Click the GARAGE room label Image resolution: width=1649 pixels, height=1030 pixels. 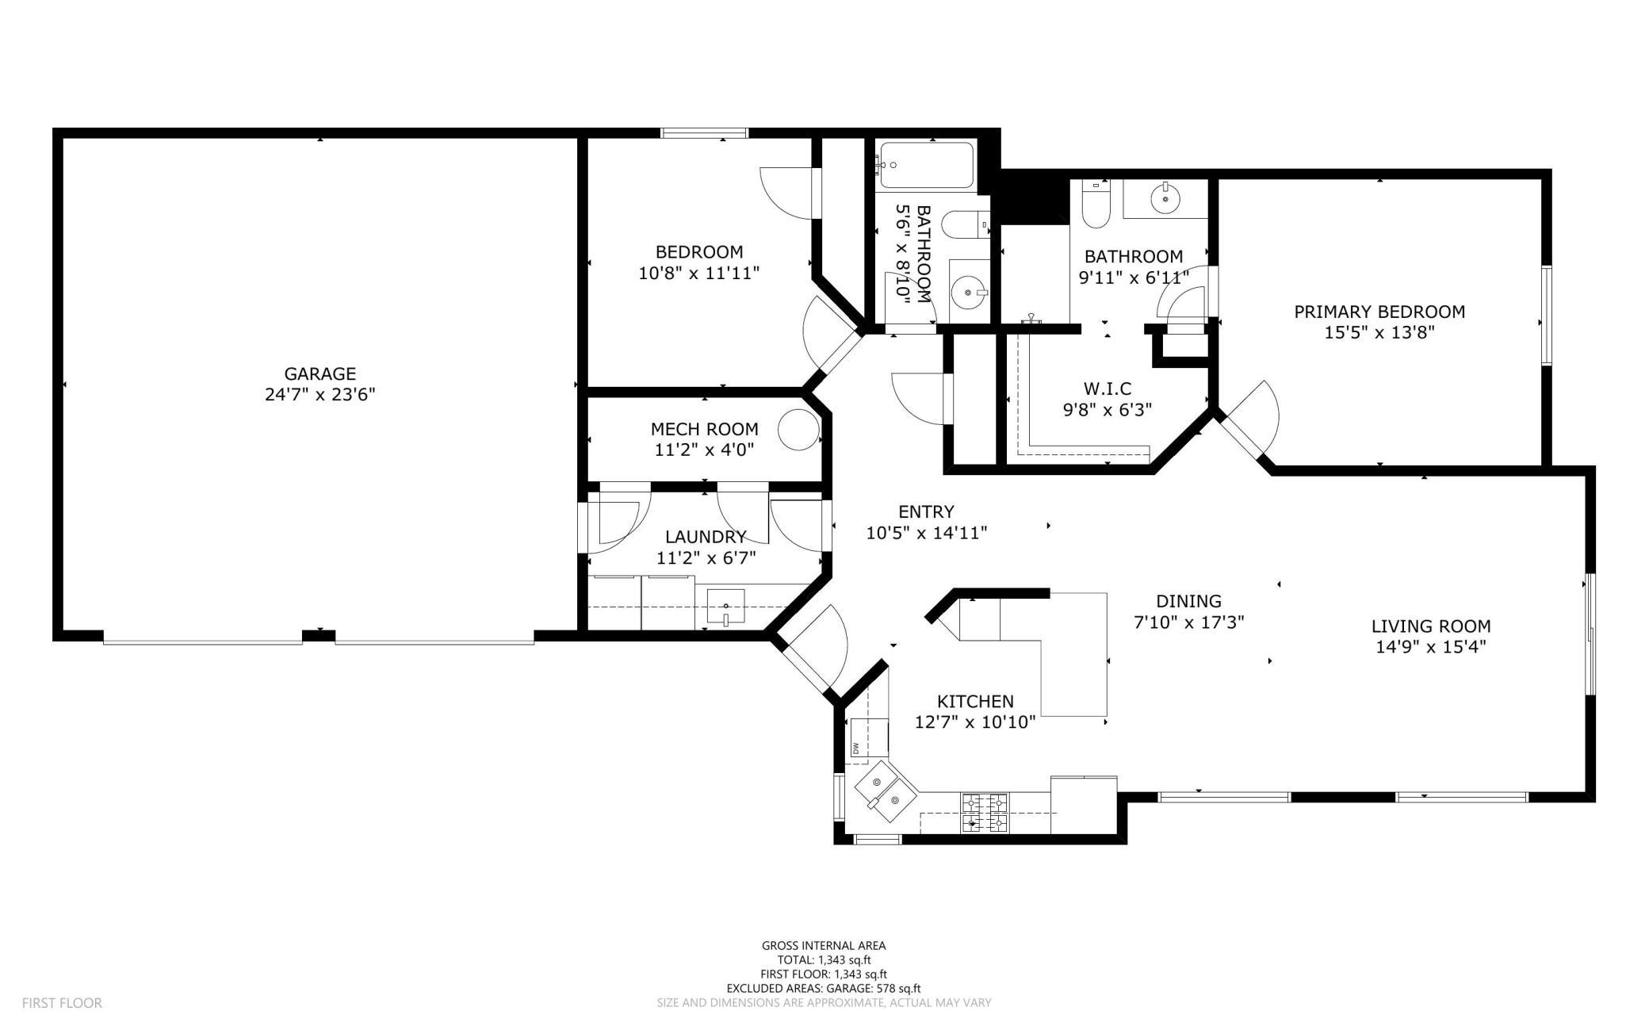point(320,373)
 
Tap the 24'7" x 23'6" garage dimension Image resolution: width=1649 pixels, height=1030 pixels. point(320,395)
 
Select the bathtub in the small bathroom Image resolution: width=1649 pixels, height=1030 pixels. point(926,166)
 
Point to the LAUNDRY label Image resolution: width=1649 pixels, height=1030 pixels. point(706,537)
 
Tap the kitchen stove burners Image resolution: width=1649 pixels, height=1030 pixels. point(985,813)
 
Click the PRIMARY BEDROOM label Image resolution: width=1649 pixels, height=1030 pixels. point(1379,312)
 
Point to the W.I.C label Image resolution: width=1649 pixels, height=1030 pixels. point(1108,389)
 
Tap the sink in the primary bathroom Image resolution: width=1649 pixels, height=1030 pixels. point(1165,197)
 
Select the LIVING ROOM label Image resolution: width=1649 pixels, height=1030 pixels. point(1431,626)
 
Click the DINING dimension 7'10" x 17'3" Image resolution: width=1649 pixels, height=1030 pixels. point(1188,622)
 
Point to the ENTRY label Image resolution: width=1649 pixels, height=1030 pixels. point(926,512)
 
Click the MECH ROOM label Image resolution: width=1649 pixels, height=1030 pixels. point(704,429)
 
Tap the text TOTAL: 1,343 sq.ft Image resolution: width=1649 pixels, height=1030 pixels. point(824,959)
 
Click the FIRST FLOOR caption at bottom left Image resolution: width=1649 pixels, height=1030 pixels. point(62,1003)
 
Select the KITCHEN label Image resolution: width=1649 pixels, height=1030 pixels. point(975,701)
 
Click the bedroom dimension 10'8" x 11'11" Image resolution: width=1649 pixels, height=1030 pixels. point(699,274)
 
